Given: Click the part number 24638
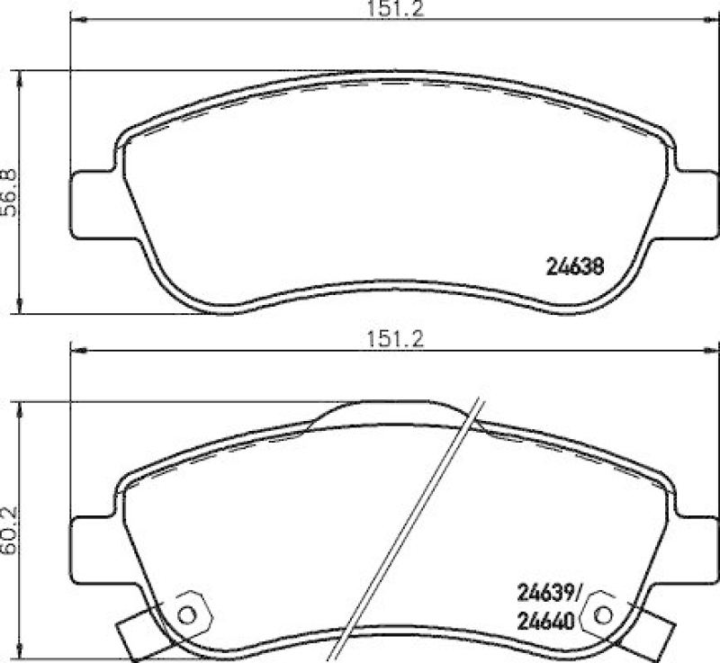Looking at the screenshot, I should coord(574,266).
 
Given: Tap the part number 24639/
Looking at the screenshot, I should coord(550,592).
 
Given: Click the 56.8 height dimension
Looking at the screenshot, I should coord(9,193).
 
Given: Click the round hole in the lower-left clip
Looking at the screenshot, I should coord(187,615).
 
